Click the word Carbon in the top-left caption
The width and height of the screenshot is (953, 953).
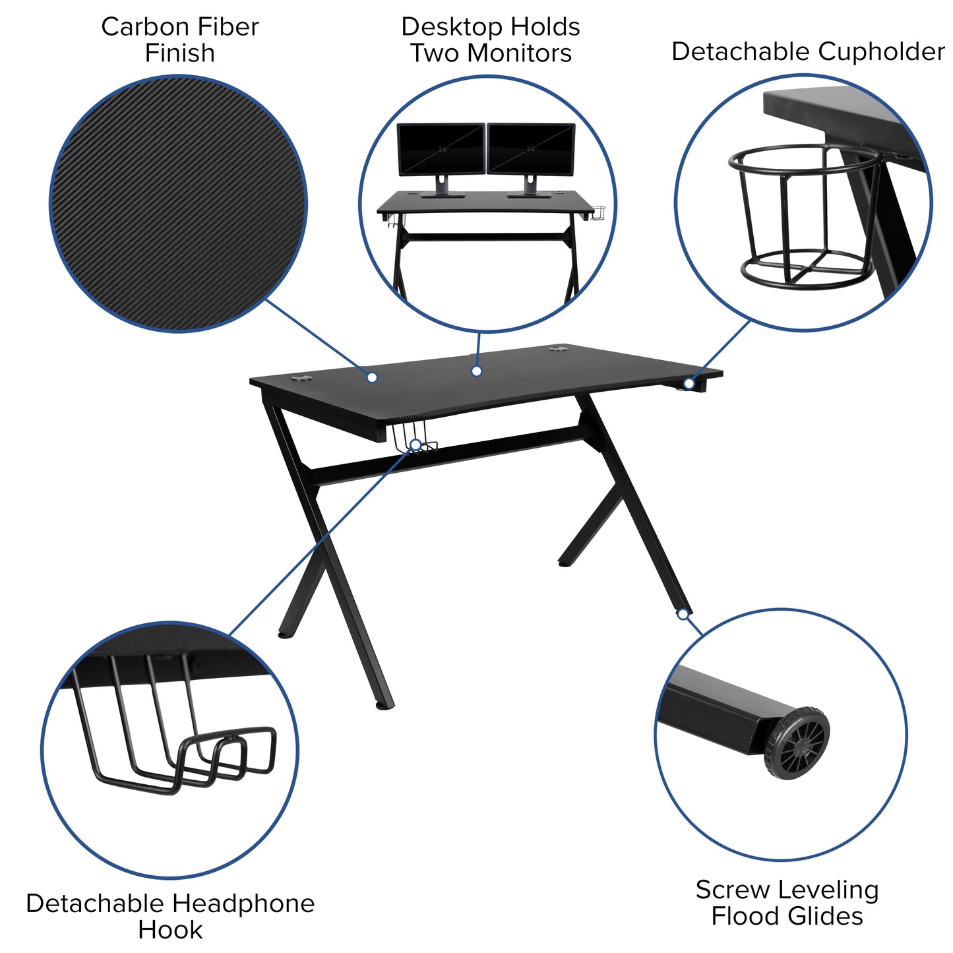(x=138, y=27)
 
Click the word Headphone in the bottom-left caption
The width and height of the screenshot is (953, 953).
(x=243, y=903)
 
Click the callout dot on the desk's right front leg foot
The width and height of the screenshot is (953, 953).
(x=683, y=614)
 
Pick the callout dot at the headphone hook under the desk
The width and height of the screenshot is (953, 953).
(x=415, y=445)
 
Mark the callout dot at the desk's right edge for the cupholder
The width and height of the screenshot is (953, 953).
(x=689, y=383)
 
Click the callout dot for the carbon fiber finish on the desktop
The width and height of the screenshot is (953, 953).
(x=372, y=377)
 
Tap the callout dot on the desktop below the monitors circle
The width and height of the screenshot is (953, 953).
(x=477, y=371)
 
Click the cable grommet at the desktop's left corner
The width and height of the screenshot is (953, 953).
(x=302, y=379)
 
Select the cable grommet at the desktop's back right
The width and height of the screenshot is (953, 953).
(x=559, y=348)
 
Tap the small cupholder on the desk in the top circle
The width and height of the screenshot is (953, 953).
(x=599, y=213)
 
